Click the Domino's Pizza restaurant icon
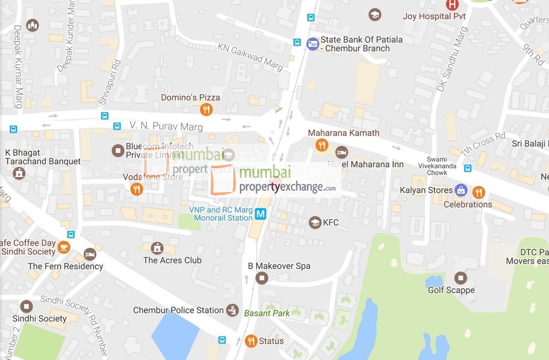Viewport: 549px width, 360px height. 206,109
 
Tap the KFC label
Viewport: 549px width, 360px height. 331,223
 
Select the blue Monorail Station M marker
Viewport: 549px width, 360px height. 261,214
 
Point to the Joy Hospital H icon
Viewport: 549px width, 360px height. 452,5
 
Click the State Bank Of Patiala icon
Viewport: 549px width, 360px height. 313,44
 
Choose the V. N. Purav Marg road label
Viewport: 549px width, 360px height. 166,126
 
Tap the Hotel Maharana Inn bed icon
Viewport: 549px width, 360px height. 341,153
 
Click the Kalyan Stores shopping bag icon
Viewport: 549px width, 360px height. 461,190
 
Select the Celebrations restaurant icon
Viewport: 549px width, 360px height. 478,192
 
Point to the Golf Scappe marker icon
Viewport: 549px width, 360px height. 460,278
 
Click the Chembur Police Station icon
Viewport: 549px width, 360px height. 232,310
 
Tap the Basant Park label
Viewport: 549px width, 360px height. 267,313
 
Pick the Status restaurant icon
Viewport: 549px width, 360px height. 251,341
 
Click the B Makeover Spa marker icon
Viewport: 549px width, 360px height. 261,278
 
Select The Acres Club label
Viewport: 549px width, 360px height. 172,260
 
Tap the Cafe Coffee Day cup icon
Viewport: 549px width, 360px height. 64,247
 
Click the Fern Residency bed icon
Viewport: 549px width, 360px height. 90,254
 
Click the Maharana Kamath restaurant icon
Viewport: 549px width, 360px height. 321,145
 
